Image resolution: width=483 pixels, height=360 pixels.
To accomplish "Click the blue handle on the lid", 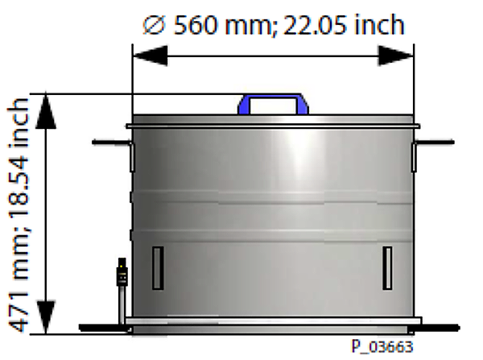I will (273, 101).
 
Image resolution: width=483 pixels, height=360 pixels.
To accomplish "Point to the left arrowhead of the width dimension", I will (150, 56).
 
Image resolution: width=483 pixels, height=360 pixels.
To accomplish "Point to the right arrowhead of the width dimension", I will (397, 56).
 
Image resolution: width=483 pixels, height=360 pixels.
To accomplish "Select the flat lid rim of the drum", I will (273, 123).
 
